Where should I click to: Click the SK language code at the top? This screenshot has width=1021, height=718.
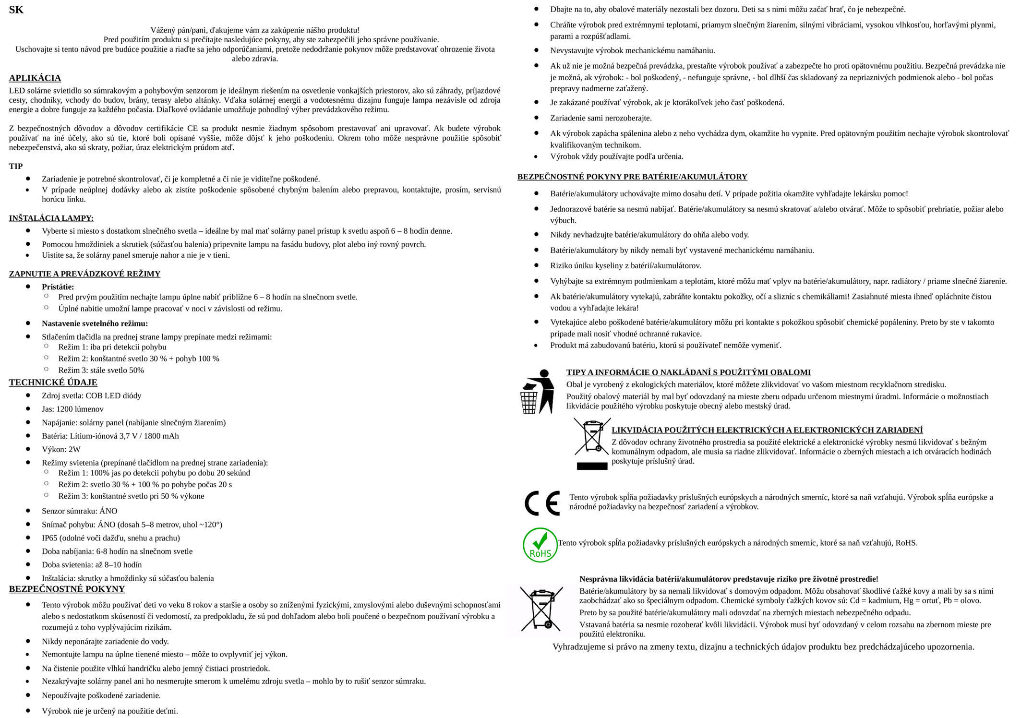(16, 10)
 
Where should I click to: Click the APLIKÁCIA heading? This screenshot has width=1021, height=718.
(35, 78)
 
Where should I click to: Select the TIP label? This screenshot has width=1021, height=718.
(16, 166)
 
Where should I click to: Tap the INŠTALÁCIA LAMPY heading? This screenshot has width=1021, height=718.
(51, 218)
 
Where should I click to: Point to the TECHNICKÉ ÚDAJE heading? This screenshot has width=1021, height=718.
(53, 383)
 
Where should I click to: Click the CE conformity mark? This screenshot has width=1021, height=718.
(542, 503)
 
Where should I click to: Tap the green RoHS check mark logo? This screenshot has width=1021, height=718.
(540, 545)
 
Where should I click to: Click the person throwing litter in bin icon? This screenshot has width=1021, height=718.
(537, 391)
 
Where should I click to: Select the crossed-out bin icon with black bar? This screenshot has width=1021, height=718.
(591, 443)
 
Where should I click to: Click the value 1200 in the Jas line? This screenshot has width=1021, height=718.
(64, 409)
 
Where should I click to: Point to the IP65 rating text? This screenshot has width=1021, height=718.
(50, 538)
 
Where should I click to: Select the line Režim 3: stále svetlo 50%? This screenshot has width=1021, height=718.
(101, 371)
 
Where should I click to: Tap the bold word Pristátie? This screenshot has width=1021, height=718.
(58, 287)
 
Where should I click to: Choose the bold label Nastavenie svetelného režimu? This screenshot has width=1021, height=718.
(95, 323)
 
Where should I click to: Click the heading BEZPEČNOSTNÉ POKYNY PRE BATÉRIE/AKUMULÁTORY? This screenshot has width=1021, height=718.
(632, 177)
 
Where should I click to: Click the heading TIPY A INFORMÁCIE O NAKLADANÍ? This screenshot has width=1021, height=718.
(688, 372)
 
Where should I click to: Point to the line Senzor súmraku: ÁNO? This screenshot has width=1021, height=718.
(79, 511)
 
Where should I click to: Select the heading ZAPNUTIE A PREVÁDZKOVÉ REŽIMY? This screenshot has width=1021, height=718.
(84, 274)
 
